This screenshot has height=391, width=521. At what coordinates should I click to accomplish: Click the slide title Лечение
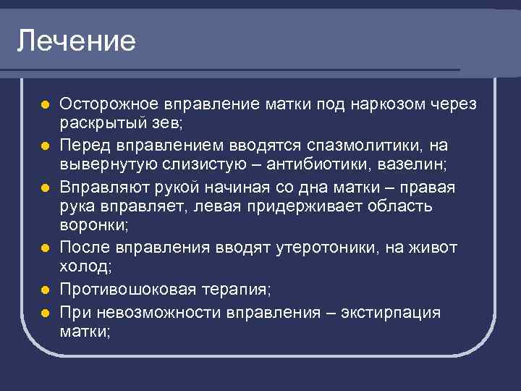pos(76,41)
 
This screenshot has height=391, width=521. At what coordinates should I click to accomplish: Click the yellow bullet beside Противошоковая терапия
pos(45,290)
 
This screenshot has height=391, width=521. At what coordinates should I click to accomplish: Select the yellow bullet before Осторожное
pos(45,105)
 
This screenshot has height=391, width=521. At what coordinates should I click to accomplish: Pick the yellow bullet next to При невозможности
pos(45,314)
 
